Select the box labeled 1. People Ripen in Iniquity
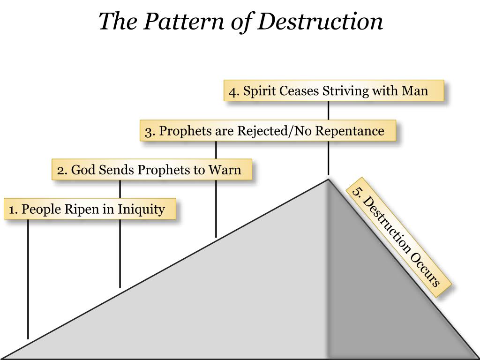pos(90,209)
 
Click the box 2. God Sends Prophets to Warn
pos(151,170)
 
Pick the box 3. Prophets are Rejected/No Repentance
pos(268,131)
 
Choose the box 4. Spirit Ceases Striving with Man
pos(333,90)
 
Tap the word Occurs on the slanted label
pos(426,270)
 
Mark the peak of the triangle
pos(329,179)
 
